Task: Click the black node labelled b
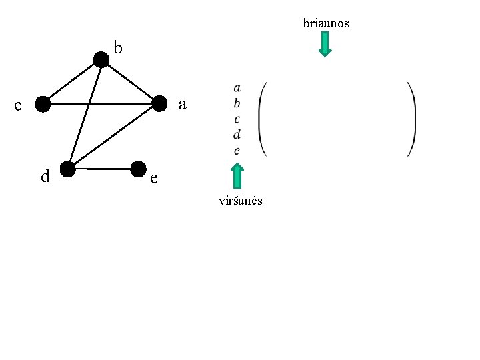coord(101,60)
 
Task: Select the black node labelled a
coord(159,103)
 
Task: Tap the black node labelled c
coord(43,104)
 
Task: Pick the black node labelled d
coord(67,169)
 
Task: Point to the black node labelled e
coord(139,169)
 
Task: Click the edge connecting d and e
coord(103,169)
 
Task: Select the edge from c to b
coord(72,82)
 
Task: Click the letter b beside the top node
coord(118,47)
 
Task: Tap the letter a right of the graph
coord(183,105)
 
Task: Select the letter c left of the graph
coord(18,105)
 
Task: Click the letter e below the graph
coord(154,178)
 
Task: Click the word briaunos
coord(326,23)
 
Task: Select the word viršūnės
coord(241,201)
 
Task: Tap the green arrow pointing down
coord(325,44)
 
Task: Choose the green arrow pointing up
coord(237,176)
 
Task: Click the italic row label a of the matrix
coord(237,88)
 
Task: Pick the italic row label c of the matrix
coord(237,119)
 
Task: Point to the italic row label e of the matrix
coord(237,151)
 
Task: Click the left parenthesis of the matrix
coord(261,119)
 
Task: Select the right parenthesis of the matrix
coord(413,119)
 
